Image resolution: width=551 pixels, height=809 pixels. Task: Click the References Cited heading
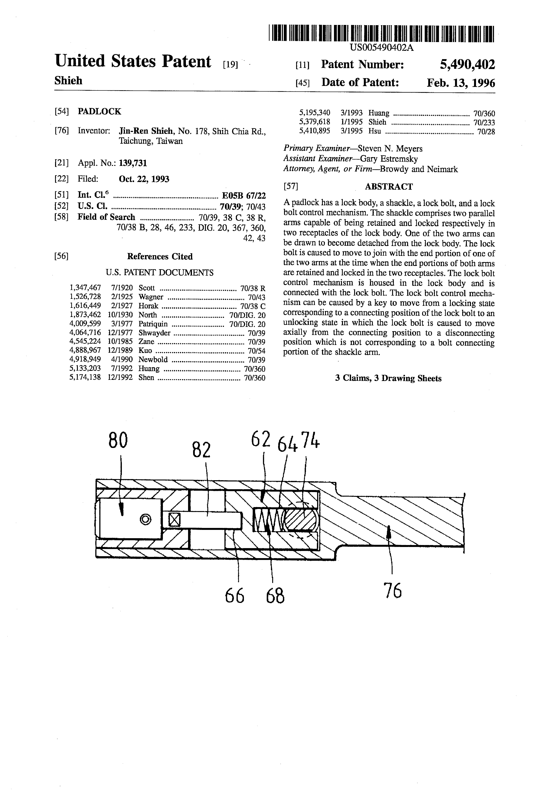160,257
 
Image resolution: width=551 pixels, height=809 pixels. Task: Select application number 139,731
133,163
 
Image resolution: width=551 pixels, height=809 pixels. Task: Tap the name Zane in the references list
146,341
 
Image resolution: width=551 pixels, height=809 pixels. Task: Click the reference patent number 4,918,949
85,360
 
